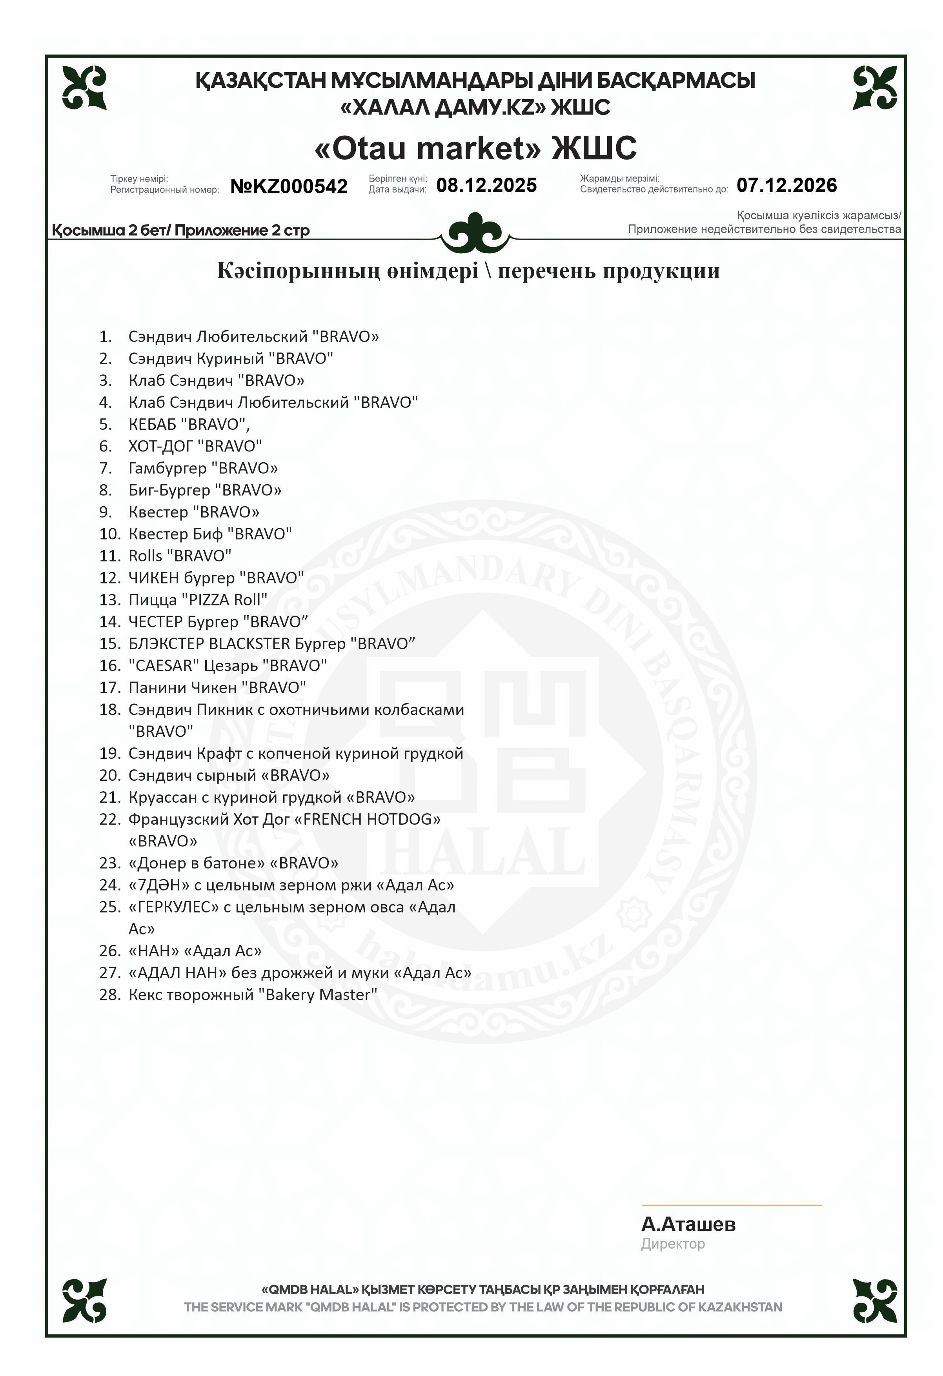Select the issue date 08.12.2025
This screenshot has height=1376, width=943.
click(x=486, y=185)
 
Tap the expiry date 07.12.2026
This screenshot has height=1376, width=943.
click(x=786, y=185)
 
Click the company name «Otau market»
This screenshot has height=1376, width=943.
click(x=427, y=148)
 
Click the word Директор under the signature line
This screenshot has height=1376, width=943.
click(x=672, y=1243)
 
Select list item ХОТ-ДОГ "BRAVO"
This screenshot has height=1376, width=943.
click(x=195, y=446)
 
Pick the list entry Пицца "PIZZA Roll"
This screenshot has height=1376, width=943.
click(x=198, y=600)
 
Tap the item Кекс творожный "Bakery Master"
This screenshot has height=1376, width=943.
click(x=252, y=995)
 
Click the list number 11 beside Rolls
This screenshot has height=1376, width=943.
click(x=109, y=556)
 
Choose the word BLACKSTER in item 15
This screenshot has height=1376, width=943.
click(x=249, y=643)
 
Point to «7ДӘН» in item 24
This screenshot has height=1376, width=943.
click(x=159, y=885)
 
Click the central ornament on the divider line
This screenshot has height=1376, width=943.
click(x=475, y=233)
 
